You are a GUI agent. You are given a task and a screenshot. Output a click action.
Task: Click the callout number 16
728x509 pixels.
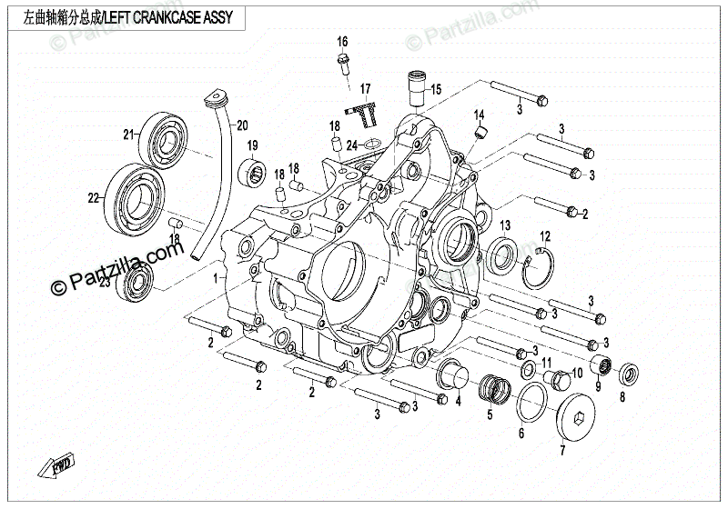(342, 43)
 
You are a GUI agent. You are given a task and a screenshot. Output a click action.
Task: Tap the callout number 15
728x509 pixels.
(436, 89)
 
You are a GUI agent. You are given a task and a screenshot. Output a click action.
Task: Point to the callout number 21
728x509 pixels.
(129, 135)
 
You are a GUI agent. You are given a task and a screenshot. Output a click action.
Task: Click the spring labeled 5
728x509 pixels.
(490, 389)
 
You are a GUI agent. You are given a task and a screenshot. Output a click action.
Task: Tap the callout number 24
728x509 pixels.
(351, 144)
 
